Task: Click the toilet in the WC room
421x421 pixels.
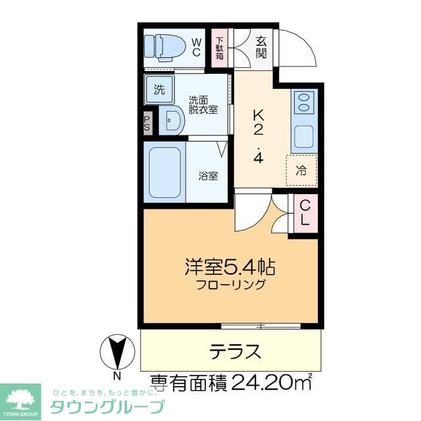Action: (164, 46)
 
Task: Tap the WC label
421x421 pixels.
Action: (197, 46)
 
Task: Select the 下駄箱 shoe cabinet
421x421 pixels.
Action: (220, 46)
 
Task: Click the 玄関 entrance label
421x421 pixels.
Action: (261, 46)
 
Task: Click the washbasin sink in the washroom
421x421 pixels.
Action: (172, 122)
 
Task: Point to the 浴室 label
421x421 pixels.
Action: (209, 176)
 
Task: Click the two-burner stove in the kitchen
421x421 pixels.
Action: (304, 103)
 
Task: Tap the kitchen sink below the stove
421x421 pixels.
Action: (304, 136)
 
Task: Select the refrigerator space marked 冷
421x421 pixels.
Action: (301, 172)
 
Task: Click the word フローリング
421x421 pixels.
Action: (230, 285)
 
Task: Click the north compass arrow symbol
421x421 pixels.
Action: (117, 352)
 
